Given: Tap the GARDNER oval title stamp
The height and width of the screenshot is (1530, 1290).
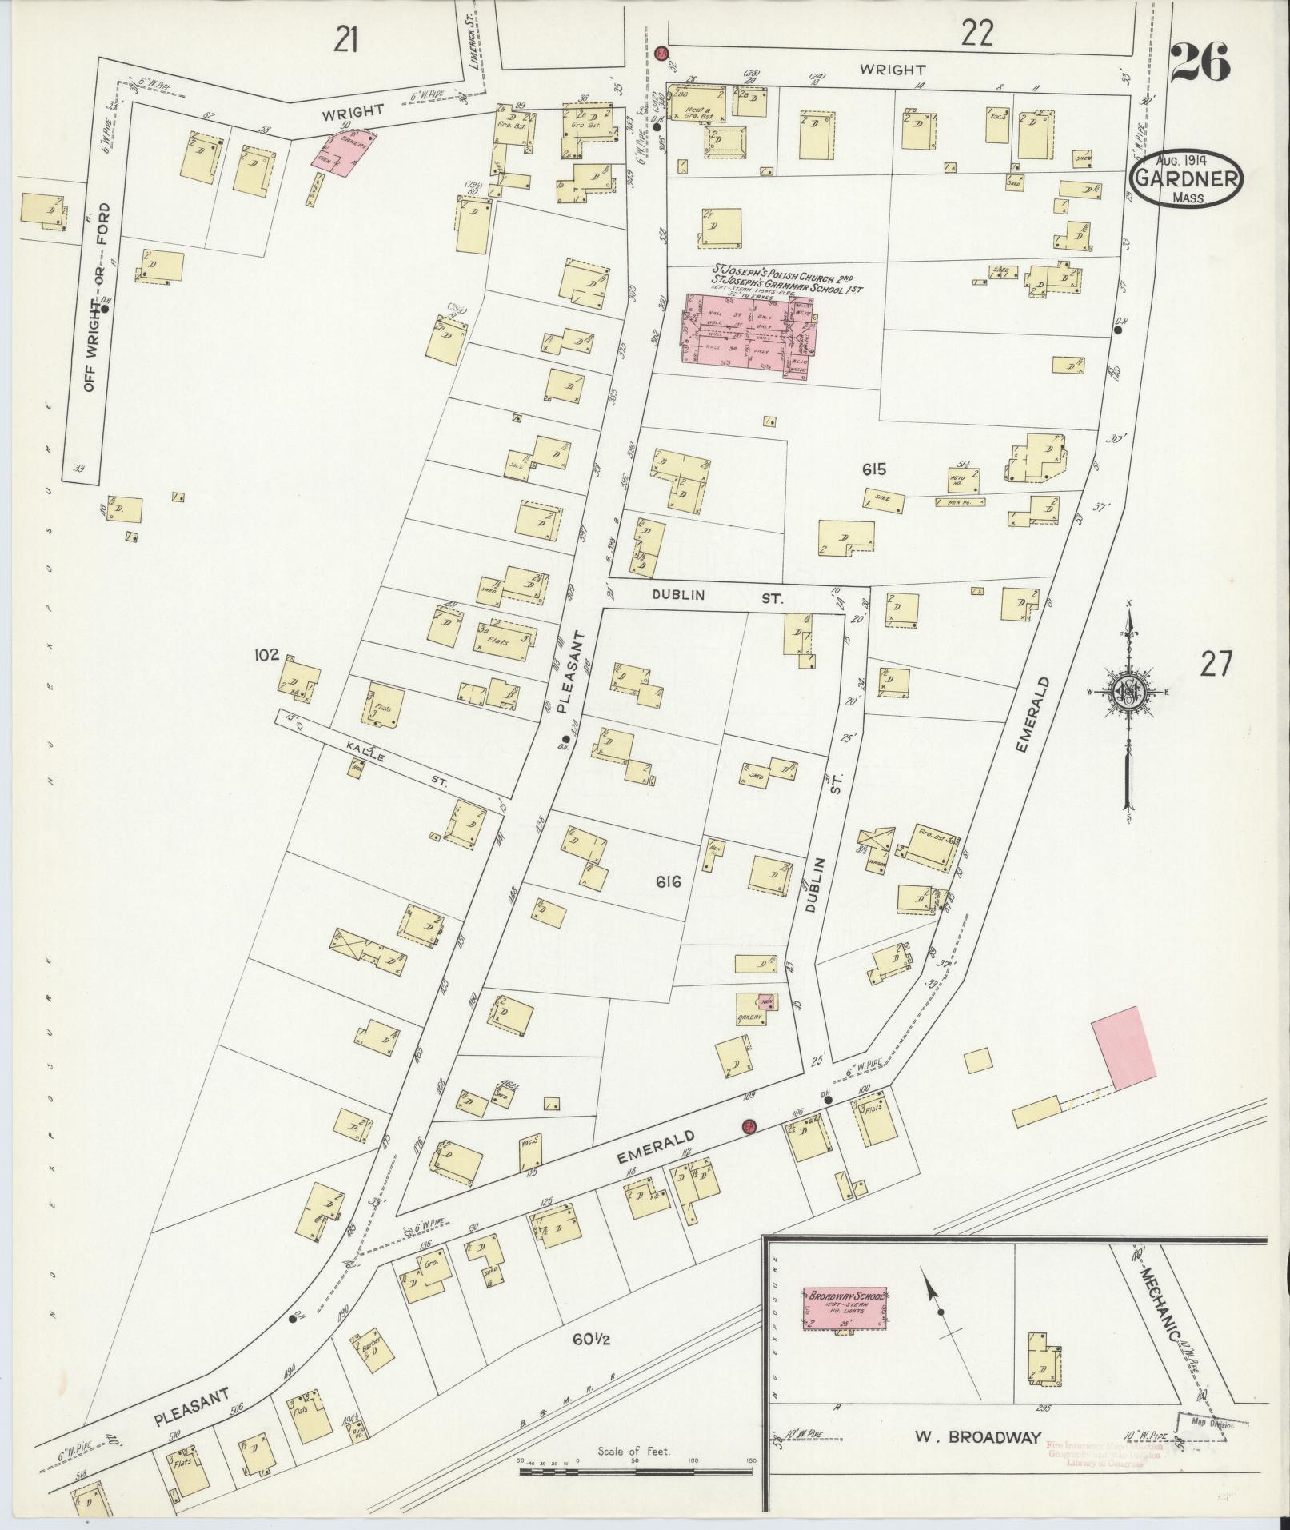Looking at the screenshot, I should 1188,179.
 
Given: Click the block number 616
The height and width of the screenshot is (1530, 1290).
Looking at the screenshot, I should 668,882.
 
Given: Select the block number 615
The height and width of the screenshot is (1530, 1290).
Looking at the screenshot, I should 874,470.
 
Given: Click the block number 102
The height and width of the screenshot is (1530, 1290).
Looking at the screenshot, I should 266,655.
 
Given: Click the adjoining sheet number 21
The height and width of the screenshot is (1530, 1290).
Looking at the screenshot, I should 346,39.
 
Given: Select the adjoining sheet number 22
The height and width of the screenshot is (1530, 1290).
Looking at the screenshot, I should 977,33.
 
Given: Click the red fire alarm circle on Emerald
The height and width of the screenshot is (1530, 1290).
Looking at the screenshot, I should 749,1125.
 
